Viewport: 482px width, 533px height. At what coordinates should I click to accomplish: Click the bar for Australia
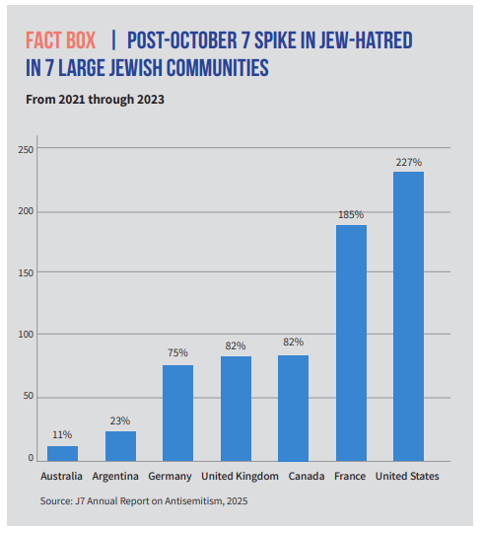pyautogui.click(x=62, y=453)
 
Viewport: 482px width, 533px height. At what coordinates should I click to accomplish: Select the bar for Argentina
pyautogui.click(x=120, y=446)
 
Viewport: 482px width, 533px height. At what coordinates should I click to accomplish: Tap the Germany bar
pyautogui.click(x=177, y=413)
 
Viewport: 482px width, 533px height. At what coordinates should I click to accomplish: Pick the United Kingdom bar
pyautogui.click(x=236, y=409)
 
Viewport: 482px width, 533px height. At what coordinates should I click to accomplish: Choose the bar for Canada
pyautogui.click(x=294, y=409)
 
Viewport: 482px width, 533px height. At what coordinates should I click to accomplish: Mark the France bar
pyautogui.click(x=351, y=343)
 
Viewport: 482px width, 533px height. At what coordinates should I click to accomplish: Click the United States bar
pyautogui.click(x=409, y=317)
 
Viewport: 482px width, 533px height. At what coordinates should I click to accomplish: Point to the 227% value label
pyautogui.click(x=409, y=162)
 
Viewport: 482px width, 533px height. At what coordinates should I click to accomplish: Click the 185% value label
pyautogui.click(x=351, y=214)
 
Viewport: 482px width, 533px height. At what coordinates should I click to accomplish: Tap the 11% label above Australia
pyautogui.click(x=62, y=434)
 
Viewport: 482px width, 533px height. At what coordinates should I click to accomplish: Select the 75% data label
pyautogui.click(x=177, y=352)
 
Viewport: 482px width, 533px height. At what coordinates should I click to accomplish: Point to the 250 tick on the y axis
pyautogui.click(x=26, y=150)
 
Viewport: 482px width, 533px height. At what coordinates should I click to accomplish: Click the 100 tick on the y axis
pyautogui.click(x=26, y=335)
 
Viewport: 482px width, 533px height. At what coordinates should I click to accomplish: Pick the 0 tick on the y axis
pyautogui.click(x=31, y=458)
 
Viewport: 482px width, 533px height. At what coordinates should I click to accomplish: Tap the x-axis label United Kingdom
pyautogui.click(x=240, y=476)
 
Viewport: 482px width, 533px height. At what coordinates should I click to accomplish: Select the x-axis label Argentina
pyautogui.click(x=115, y=476)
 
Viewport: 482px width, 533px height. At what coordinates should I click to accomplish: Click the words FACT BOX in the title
pyautogui.click(x=61, y=40)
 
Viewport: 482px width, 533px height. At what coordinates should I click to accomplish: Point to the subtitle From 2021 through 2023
pyautogui.click(x=95, y=100)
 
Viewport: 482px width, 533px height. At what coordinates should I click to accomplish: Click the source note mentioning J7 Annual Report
pyautogui.click(x=144, y=501)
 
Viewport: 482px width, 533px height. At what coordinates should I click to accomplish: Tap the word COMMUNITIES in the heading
pyautogui.click(x=218, y=68)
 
